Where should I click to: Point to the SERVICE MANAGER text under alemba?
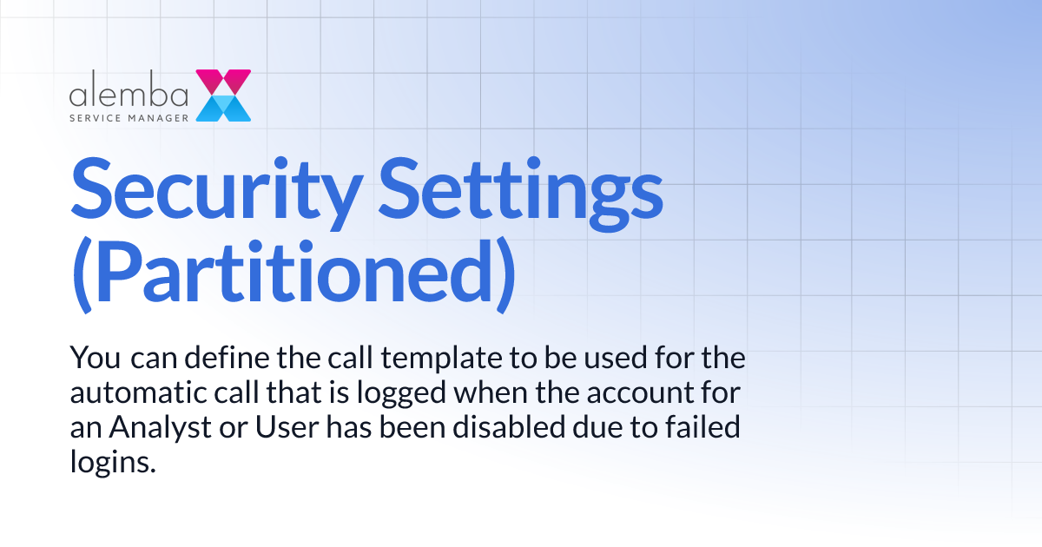[129, 115]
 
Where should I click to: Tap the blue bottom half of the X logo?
[223, 109]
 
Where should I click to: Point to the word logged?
[393, 393]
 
